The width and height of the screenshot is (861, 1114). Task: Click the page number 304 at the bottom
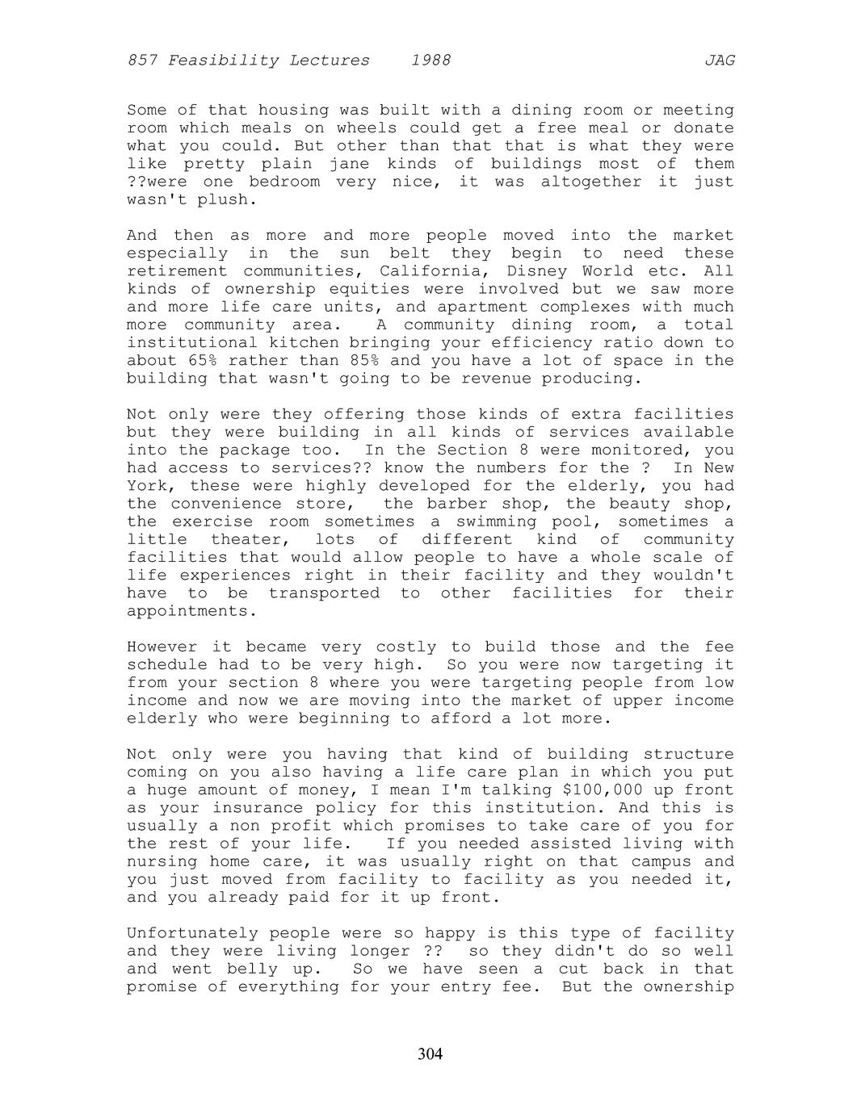(x=430, y=1053)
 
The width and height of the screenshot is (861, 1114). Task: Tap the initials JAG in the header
(x=719, y=61)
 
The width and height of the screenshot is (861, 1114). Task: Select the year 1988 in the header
(x=430, y=61)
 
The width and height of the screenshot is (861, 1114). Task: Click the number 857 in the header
(x=142, y=61)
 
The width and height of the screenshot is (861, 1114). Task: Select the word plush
(x=221, y=199)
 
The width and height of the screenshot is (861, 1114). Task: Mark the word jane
(x=349, y=164)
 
